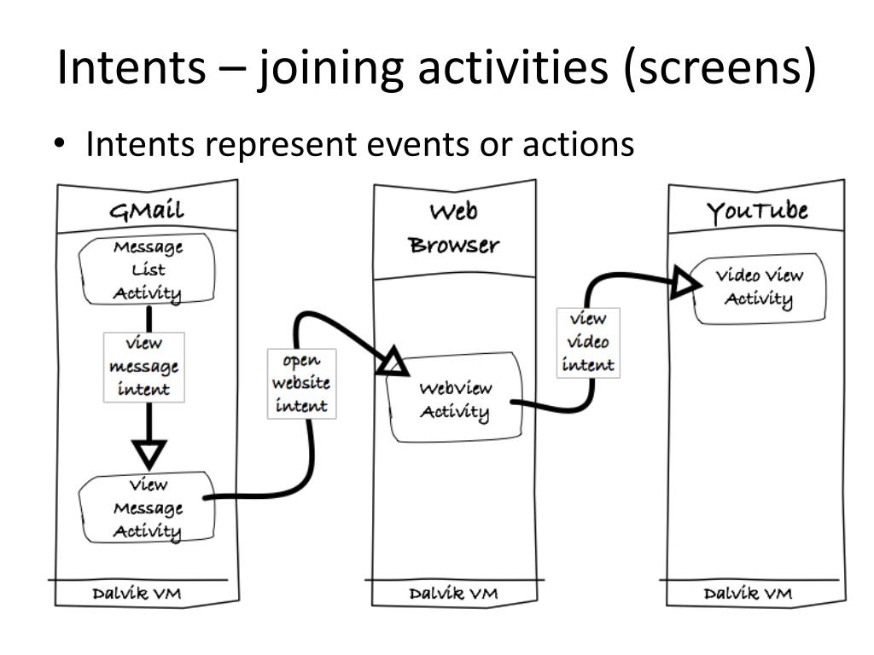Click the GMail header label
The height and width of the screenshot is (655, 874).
[x=146, y=211]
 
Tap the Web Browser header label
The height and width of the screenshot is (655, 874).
[x=454, y=229]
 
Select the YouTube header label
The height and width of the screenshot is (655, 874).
[x=757, y=212]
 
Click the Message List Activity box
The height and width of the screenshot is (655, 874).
[x=147, y=269]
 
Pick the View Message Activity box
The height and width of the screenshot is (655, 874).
[x=147, y=507]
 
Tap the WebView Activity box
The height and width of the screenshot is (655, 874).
[x=455, y=397]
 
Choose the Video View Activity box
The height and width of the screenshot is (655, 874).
[x=759, y=288]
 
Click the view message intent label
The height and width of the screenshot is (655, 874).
[x=143, y=367]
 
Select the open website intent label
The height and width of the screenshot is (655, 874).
[x=301, y=384]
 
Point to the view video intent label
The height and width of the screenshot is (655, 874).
[x=588, y=343]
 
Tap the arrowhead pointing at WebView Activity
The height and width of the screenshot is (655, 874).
[x=393, y=361]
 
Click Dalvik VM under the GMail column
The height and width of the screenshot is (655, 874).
[x=137, y=594]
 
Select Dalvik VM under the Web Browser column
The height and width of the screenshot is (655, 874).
[x=453, y=594]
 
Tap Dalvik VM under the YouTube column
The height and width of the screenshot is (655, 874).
[x=748, y=594]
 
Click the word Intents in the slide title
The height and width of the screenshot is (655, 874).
[x=131, y=67]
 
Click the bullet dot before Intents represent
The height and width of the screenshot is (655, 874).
[x=59, y=143]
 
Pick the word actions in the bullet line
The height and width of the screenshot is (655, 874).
[x=578, y=144]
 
